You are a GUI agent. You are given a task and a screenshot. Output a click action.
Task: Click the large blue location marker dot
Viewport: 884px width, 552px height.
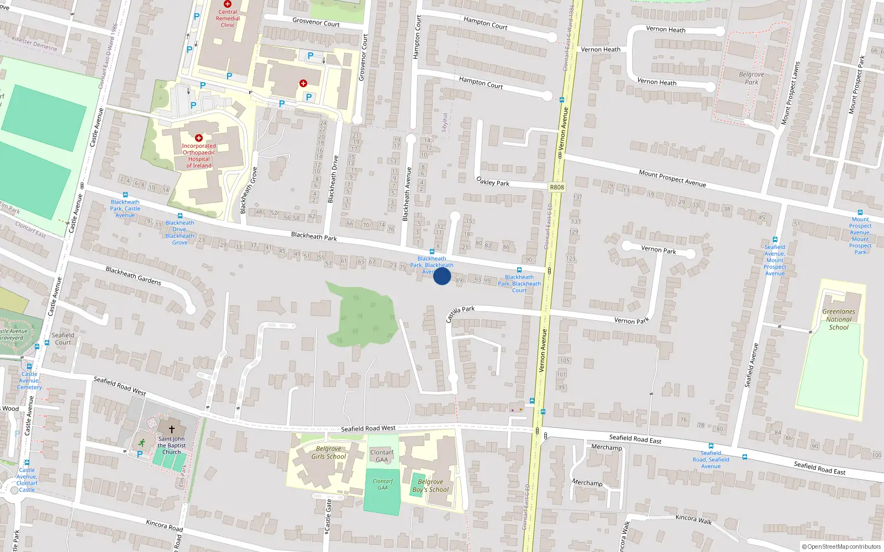coord(442,276)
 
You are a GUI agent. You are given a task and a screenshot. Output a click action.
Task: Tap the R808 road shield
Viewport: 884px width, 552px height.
coord(557,187)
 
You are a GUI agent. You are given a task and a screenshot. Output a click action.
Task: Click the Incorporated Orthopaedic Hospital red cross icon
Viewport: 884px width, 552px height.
coord(199,138)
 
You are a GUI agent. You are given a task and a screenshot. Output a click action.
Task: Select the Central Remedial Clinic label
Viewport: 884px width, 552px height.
coord(228,18)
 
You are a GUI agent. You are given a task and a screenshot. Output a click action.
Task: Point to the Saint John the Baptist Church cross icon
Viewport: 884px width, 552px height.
coord(171,429)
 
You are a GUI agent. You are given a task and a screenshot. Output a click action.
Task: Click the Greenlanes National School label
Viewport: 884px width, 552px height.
coord(839,319)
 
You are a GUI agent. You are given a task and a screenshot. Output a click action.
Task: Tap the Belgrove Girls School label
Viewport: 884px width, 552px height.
coord(328,453)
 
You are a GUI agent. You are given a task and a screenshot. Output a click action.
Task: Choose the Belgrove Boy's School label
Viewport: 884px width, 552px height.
coord(430,486)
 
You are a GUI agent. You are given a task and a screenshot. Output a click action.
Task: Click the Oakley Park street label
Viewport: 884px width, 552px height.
coord(493,181)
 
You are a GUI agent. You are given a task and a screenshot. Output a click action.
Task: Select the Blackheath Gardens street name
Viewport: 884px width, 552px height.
coord(133,275)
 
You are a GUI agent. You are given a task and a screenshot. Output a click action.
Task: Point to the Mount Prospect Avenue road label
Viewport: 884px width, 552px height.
coord(672,178)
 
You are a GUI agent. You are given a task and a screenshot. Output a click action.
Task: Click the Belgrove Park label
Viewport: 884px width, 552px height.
coord(751,78)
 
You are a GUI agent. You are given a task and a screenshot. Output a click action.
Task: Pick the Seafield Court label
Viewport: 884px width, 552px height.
coord(62,338)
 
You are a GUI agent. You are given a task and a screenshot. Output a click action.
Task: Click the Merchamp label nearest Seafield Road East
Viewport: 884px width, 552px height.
coord(606,447)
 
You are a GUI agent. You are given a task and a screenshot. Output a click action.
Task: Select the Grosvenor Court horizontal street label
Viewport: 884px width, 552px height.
coord(316,23)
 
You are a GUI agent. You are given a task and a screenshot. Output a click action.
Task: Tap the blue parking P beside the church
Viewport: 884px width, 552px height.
coord(140,454)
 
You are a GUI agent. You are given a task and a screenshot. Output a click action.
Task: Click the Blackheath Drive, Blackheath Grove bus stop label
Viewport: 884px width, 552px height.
coord(180,232)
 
